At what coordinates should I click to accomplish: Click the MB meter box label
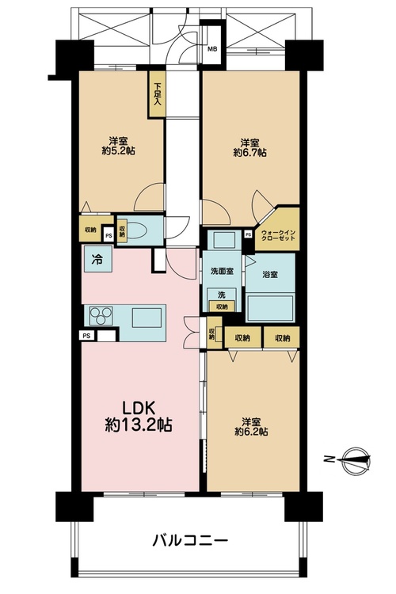click(x=212, y=49)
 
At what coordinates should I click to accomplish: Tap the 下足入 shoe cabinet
click(x=157, y=94)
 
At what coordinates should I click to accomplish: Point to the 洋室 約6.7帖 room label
click(x=249, y=148)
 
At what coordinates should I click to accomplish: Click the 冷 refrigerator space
click(x=97, y=259)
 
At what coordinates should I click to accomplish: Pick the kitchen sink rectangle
click(x=147, y=318)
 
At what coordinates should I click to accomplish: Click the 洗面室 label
click(x=222, y=271)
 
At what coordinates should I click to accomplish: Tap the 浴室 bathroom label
click(x=270, y=275)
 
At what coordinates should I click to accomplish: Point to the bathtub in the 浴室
click(x=270, y=308)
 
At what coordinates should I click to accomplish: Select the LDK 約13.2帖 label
click(x=139, y=417)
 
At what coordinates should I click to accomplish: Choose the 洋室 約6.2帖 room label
click(x=251, y=427)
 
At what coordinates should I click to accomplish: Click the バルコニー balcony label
click(x=190, y=539)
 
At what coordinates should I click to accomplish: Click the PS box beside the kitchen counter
click(x=87, y=336)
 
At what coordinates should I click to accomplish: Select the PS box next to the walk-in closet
click(x=248, y=234)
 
